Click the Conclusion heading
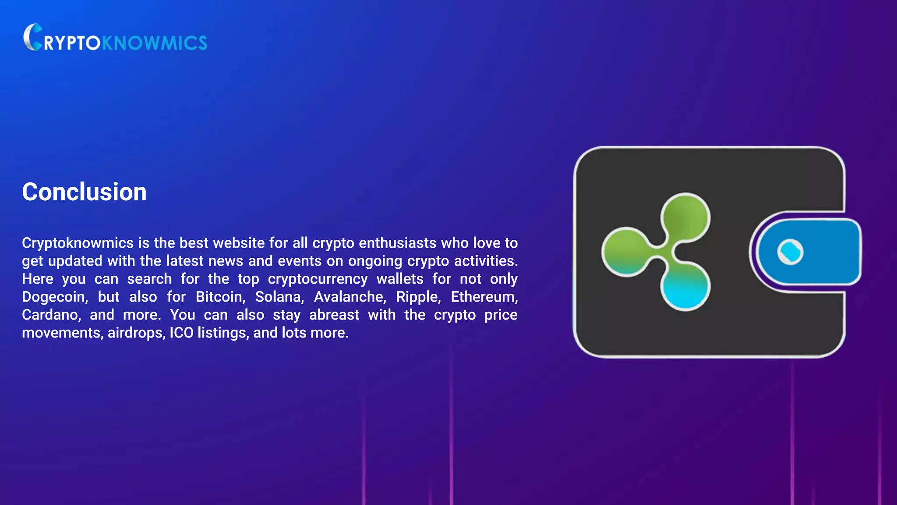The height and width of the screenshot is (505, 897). [84, 192]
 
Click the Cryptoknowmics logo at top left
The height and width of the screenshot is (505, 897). [115, 38]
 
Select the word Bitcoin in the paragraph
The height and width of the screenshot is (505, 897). [220, 297]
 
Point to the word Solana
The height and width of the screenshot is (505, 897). [279, 297]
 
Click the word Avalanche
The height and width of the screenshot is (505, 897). [350, 297]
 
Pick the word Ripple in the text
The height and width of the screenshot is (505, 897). [418, 297]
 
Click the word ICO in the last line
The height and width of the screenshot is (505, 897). [181, 333]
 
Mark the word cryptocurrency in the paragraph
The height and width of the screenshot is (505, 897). [318, 279]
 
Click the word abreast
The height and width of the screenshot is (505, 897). [334, 315]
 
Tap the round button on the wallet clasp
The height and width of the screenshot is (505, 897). [790, 252]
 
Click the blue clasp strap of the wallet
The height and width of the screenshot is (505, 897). [823, 252]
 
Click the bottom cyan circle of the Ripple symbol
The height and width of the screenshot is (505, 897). [685, 287]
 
